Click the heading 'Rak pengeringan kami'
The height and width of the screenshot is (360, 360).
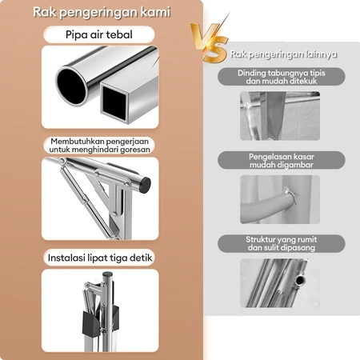(102, 13)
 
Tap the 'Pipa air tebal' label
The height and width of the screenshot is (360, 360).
(99, 34)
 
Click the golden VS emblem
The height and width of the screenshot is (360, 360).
(210, 42)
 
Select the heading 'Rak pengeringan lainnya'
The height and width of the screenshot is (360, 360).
(283, 54)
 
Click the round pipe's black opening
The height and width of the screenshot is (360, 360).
(72, 86)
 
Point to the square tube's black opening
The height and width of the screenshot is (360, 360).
(114, 101)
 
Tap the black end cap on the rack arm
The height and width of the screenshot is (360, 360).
(145, 185)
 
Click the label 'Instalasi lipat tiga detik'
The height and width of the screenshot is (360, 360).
(100, 258)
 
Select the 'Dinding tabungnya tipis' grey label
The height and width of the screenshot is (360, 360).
(282, 77)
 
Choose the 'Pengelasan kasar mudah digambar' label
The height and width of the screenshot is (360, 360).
(282, 161)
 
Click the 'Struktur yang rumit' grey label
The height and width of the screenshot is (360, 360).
(282, 243)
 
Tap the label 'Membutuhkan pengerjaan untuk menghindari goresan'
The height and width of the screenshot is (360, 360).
(99, 146)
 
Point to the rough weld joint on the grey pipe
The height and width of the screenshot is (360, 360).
(290, 196)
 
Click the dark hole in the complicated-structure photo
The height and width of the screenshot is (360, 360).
(301, 280)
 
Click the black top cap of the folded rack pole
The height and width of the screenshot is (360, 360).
(107, 274)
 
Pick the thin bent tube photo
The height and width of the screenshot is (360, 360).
(280, 116)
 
